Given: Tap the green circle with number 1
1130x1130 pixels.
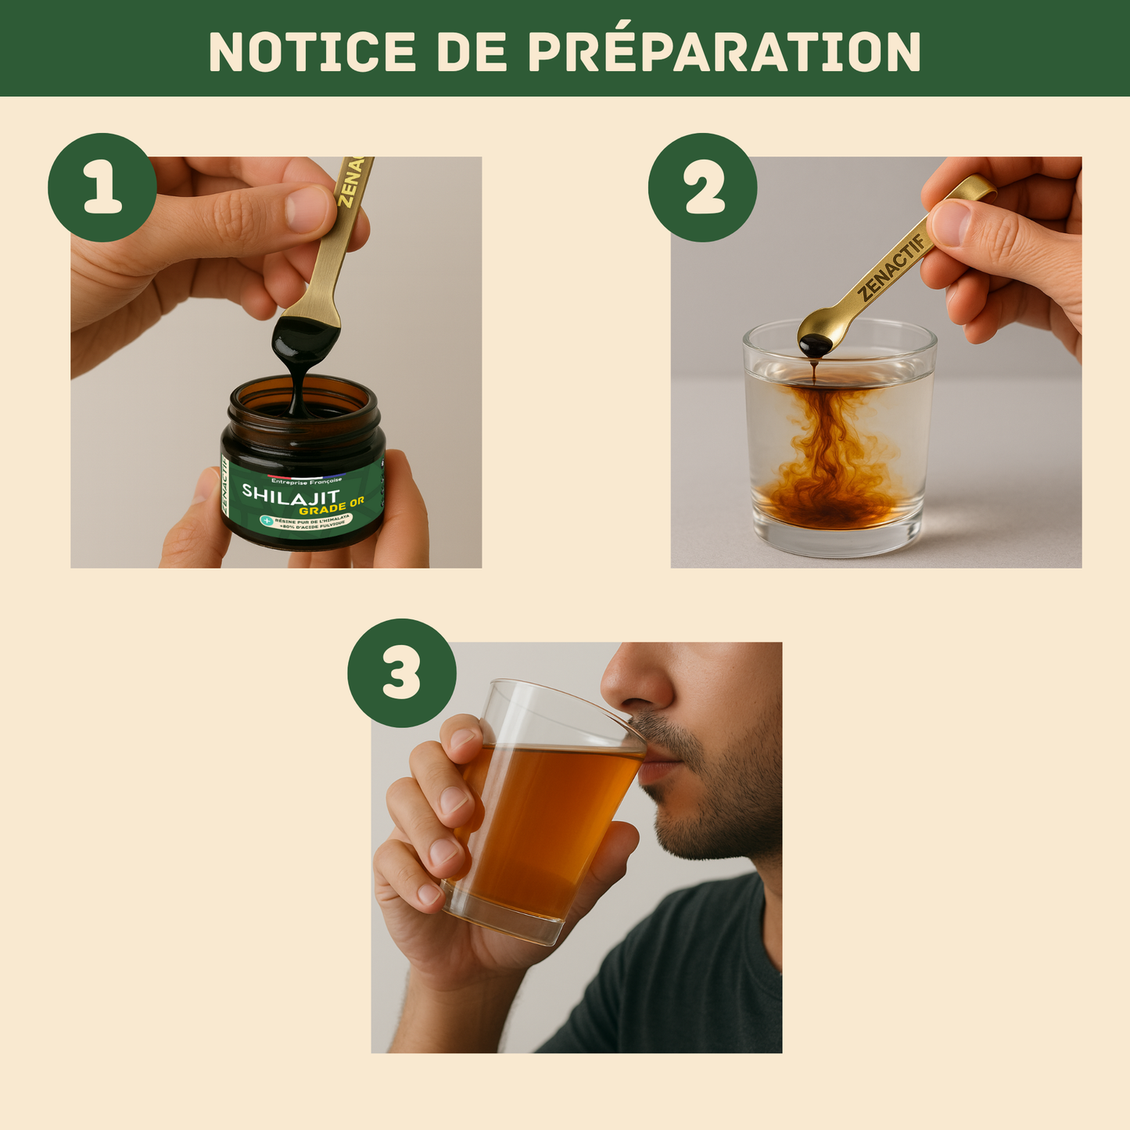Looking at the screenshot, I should tap(102, 188).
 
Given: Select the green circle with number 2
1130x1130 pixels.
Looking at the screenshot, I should tap(702, 188).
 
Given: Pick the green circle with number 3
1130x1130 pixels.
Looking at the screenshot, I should tap(401, 673).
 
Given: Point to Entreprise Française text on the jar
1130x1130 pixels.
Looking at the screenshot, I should tap(306, 480).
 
